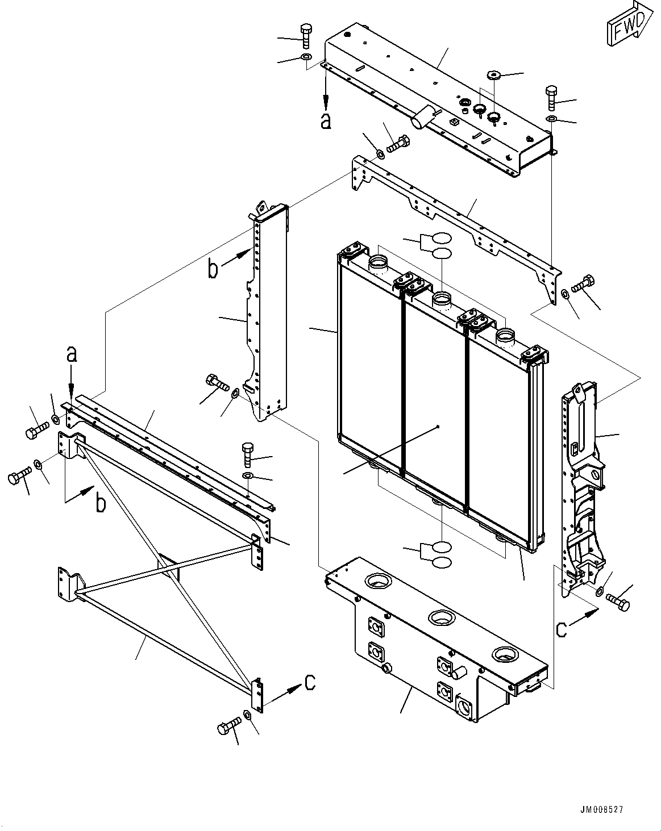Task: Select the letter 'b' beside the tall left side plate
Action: point(213,269)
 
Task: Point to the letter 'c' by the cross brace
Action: point(310,683)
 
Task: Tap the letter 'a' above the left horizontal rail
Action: point(71,355)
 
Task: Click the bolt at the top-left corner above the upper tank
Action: point(305,35)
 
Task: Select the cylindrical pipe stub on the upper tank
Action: point(422,119)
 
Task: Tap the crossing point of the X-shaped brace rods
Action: point(165,565)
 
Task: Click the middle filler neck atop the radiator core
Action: point(442,298)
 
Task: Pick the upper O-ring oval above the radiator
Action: point(442,239)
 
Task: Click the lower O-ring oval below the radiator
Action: point(442,562)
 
